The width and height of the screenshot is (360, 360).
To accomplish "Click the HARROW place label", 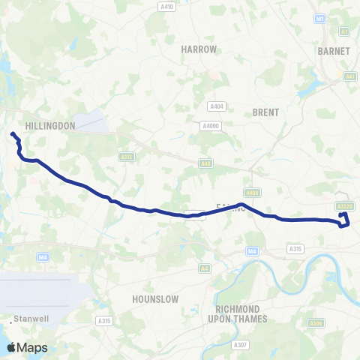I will (199, 49).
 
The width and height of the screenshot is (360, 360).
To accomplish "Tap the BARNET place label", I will (334, 51).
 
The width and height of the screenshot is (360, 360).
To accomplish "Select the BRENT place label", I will (266, 112).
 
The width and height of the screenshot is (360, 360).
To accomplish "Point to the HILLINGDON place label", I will (49, 126).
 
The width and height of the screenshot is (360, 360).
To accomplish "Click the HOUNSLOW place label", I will (155, 298).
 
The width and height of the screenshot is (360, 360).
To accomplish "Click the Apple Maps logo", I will (27, 347).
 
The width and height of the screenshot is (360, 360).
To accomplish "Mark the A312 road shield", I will (127, 157).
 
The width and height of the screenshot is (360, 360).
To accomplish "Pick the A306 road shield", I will (316, 323).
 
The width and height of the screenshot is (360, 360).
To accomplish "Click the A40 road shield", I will (205, 163).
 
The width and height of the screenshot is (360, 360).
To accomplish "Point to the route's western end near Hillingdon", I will (12, 134).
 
